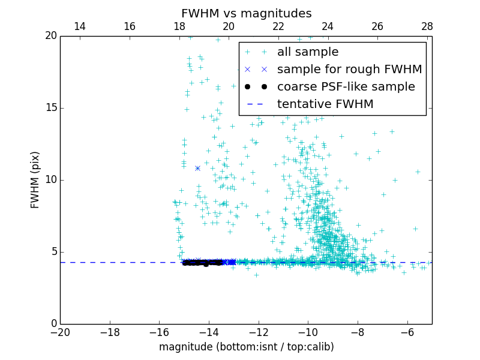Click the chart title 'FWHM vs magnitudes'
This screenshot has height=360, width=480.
(246, 13)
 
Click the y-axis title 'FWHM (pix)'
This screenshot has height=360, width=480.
(35, 180)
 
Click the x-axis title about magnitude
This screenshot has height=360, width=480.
(246, 347)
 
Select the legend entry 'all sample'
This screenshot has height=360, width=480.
(307, 52)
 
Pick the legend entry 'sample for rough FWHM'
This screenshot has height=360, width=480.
(349, 70)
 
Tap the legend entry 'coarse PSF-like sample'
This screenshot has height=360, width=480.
(346, 87)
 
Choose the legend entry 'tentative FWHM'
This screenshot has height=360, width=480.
(325, 104)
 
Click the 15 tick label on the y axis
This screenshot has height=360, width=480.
(50, 108)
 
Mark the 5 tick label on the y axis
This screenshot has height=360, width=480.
(53, 252)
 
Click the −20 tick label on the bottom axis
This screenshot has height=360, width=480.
(60, 332)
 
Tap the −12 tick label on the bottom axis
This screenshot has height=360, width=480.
(258, 332)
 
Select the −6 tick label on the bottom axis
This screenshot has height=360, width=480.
(407, 332)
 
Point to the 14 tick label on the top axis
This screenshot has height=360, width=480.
(80, 26)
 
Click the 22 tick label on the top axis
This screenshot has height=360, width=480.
(278, 26)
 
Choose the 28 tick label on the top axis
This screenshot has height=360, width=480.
(427, 26)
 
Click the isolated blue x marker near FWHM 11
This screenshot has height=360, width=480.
(197, 168)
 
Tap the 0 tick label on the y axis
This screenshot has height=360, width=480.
(53, 324)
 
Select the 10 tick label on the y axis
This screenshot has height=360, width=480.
(50, 180)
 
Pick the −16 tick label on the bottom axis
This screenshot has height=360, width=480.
(159, 332)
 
